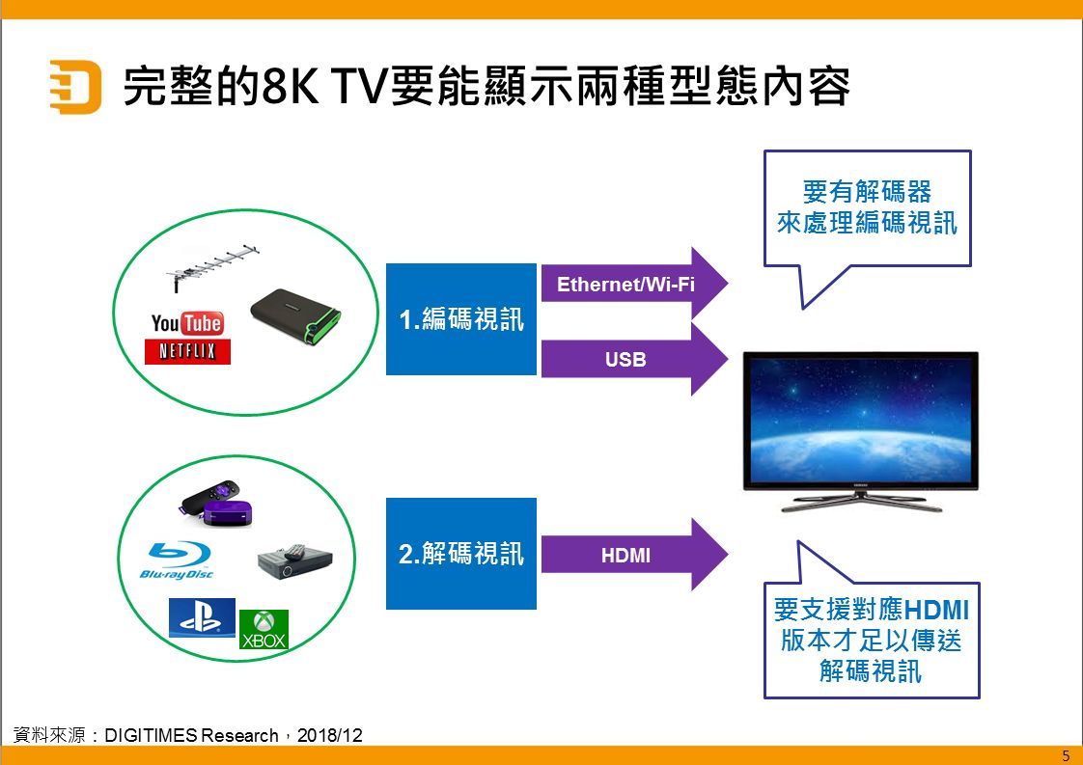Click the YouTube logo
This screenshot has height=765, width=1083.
[187, 323]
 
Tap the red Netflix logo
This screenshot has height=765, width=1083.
[187, 351]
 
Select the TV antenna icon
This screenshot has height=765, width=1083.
[212, 266]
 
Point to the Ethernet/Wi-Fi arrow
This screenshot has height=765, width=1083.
[634, 284]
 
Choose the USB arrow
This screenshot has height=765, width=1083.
[634, 359]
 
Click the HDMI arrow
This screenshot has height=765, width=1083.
[634, 555]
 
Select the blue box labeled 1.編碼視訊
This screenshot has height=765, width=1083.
[461, 319]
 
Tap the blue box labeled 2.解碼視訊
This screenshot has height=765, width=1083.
[461, 554]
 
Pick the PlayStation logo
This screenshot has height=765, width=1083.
[202, 617]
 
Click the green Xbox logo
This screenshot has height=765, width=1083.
[264, 630]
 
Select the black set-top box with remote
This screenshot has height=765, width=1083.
[295, 562]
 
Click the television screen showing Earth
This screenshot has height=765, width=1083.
[861, 419]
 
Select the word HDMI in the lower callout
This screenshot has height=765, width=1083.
[936, 610]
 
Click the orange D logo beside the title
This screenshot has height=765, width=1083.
[75, 86]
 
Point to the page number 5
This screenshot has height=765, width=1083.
[1066, 755]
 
